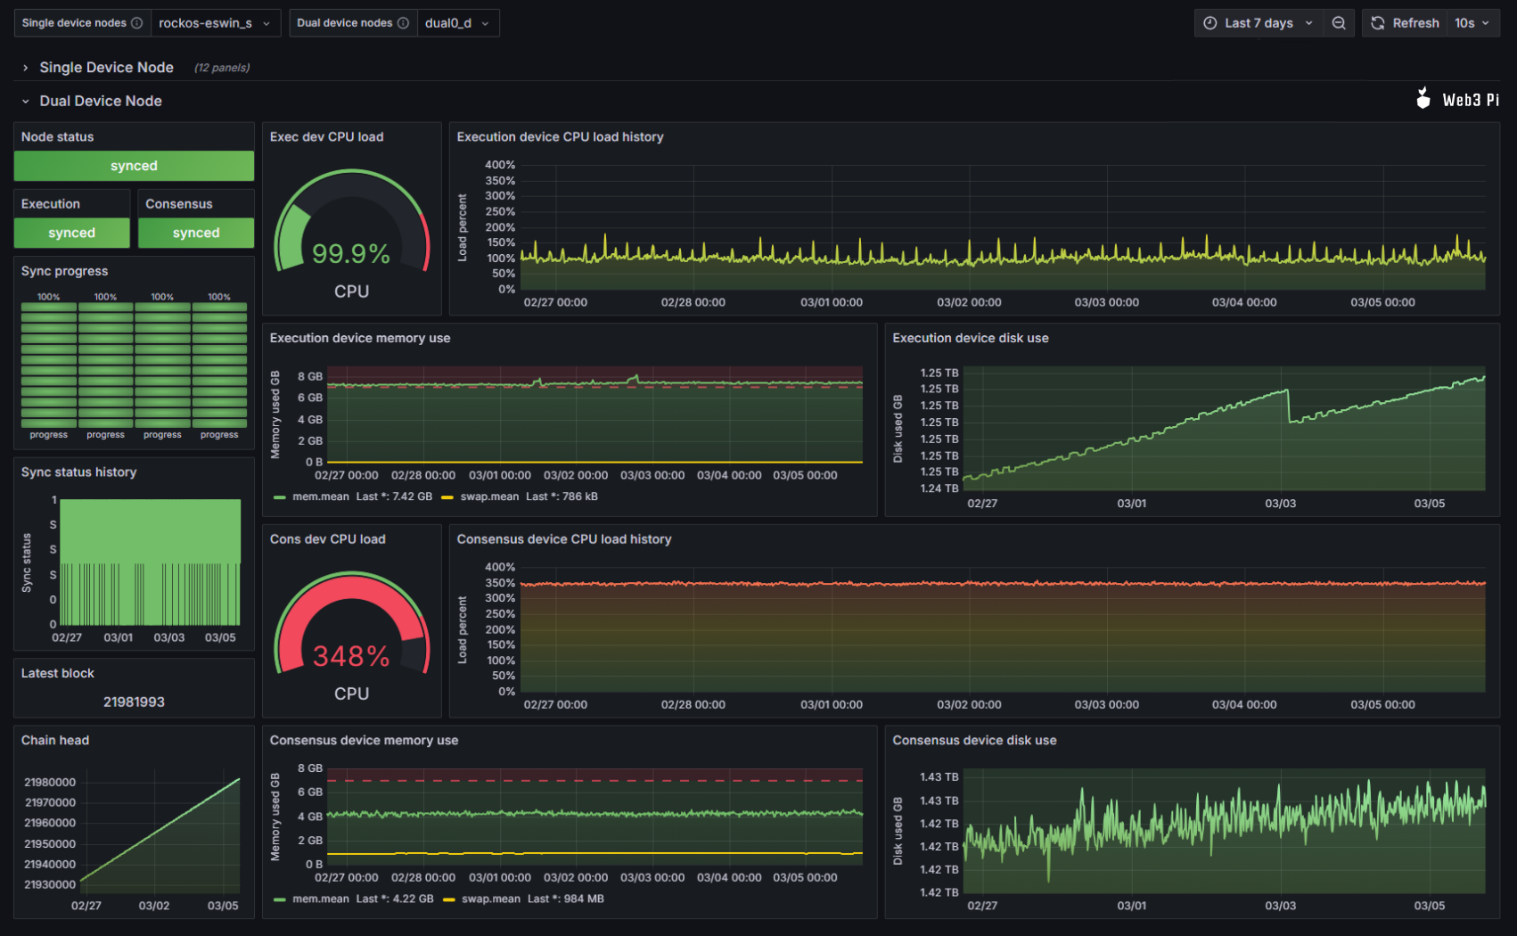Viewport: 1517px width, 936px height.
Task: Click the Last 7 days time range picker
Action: [x=1259, y=23]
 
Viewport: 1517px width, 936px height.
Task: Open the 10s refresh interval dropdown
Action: [x=1472, y=23]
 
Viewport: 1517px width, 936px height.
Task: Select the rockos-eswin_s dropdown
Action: [x=214, y=23]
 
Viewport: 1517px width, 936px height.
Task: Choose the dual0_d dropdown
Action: [x=456, y=23]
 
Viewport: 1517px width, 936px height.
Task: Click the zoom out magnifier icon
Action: [x=1339, y=23]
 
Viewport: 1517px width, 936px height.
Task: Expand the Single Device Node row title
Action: [x=106, y=68]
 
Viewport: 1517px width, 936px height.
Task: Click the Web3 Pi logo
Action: [x=1457, y=100]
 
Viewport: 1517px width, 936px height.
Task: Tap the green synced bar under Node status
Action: [x=134, y=166]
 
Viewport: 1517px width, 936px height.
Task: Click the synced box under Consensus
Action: [x=196, y=233]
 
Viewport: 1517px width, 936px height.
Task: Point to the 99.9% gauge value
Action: [x=351, y=254]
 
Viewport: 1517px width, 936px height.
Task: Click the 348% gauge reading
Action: [x=351, y=657]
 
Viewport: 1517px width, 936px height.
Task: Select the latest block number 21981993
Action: [x=134, y=702]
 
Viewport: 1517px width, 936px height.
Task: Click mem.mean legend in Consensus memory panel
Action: [x=320, y=899]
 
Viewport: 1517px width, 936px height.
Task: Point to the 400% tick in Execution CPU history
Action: [x=499, y=165]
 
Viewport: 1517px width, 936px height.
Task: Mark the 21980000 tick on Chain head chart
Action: [x=50, y=782]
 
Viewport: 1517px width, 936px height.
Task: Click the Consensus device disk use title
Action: [x=974, y=740]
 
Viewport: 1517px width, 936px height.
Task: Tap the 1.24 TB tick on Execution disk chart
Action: [x=939, y=489]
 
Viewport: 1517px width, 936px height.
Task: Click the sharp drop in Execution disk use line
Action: [x=1288, y=406]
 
